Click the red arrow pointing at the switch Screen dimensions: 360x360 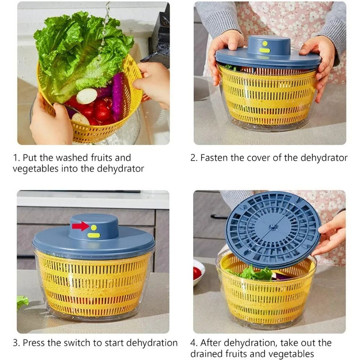click(x=81, y=226)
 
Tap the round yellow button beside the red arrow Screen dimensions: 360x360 click(x=94, y=228)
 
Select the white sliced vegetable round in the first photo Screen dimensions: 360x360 click(x=87, y=96)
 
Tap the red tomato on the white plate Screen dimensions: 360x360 click(x=197, y=273)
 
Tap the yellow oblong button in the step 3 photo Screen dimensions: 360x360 click(x=94, y=235)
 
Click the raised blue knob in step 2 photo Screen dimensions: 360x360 click(x=265, y=46)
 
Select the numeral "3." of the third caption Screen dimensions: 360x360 click(x=17, y=343)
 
